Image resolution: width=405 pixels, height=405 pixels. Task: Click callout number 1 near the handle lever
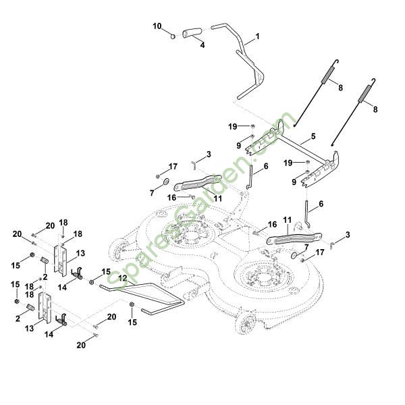coord(257,35)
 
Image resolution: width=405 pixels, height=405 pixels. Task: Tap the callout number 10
coord(157,26)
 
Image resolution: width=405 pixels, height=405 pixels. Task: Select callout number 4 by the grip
coord(202,45)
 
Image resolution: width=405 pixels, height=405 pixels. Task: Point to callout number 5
coord(313,137)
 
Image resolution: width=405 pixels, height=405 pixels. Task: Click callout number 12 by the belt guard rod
coord(122,278)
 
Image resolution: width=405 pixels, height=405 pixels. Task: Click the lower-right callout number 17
coord(320,252)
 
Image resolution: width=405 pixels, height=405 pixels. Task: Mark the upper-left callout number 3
coord(209,155)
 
